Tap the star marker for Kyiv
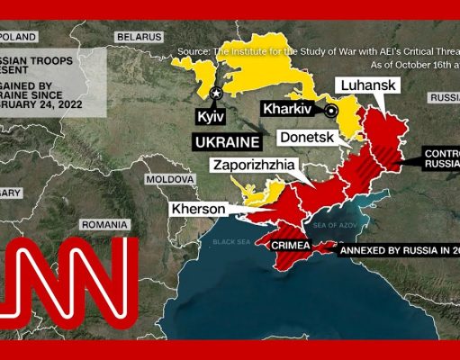point(216,93)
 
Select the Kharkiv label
point(290,109)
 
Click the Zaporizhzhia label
point(254,166)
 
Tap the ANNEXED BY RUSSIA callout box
point(400,251)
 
